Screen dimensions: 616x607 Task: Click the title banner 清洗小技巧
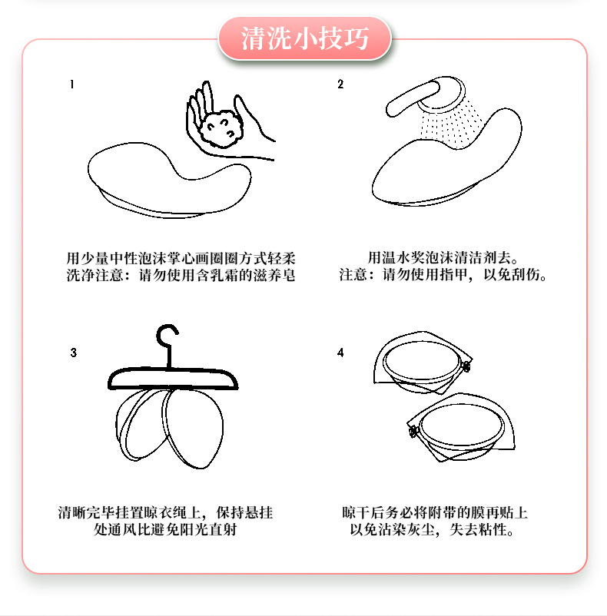point(305,38)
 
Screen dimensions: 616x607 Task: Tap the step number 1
point(71,85)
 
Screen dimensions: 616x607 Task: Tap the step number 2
point(340,85)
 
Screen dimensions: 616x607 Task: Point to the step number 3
point(73,353)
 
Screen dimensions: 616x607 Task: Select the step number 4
point(340,353)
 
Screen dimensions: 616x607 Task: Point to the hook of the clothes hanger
point(167,338)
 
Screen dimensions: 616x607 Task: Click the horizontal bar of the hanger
point(174,378)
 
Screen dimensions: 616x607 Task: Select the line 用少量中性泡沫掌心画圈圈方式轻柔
point(181,257)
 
